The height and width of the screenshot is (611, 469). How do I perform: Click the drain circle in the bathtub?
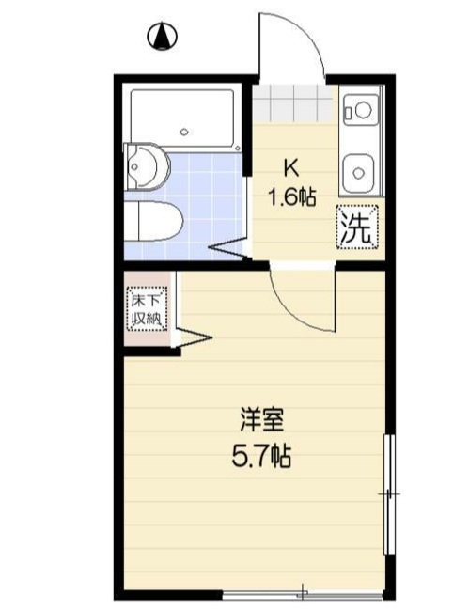184,131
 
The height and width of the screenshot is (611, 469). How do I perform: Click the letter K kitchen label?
291,169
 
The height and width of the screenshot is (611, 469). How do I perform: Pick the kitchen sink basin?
358,172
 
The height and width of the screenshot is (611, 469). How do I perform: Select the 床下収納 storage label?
147,309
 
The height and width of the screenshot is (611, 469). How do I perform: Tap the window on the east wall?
388,492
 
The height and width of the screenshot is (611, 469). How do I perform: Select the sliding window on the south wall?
303,593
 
